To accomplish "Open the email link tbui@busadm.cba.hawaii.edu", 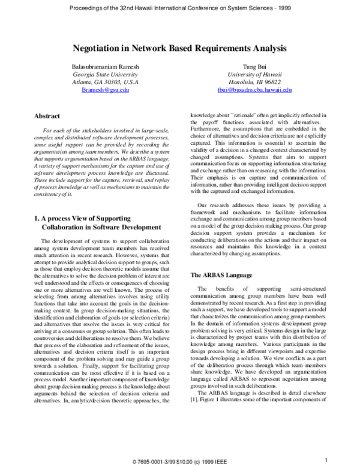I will [x=254, y=89].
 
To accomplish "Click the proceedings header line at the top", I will [x=180, y=8].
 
